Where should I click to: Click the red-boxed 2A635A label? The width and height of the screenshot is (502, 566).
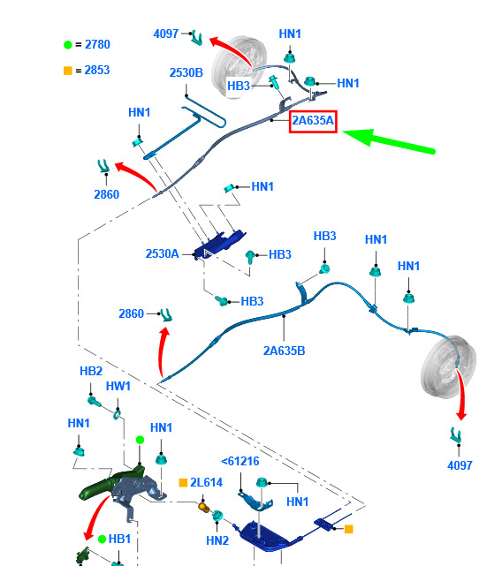tap(313, 121)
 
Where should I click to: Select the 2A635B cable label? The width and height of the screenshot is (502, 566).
tap(284, 351)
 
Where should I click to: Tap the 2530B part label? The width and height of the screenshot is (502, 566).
tap(186, 72)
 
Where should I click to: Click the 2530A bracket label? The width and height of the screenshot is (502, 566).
tap(162, 253)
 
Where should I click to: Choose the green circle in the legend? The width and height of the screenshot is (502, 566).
tap(67, 45)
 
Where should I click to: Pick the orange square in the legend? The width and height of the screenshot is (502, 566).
tap(67, 71)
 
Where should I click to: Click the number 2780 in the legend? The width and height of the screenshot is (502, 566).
tap(97, 44)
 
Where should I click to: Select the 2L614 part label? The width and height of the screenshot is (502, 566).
tap(206, 482)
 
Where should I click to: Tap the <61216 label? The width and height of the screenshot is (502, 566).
tap(240, 461)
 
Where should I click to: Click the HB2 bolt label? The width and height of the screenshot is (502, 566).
tap(91, 371)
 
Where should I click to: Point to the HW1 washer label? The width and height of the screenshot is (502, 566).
tap(118, 386)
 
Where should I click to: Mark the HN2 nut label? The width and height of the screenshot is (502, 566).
tap(217, 540)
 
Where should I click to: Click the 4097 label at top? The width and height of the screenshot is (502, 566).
tap(166, 34)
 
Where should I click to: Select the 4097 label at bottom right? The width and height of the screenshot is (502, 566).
tap(460, 465)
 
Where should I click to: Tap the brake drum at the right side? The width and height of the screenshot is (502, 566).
tap(448, 366)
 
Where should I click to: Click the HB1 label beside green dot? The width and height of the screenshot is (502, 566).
tap(119, 539)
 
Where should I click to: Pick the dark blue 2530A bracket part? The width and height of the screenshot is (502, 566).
tap(220, 244)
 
